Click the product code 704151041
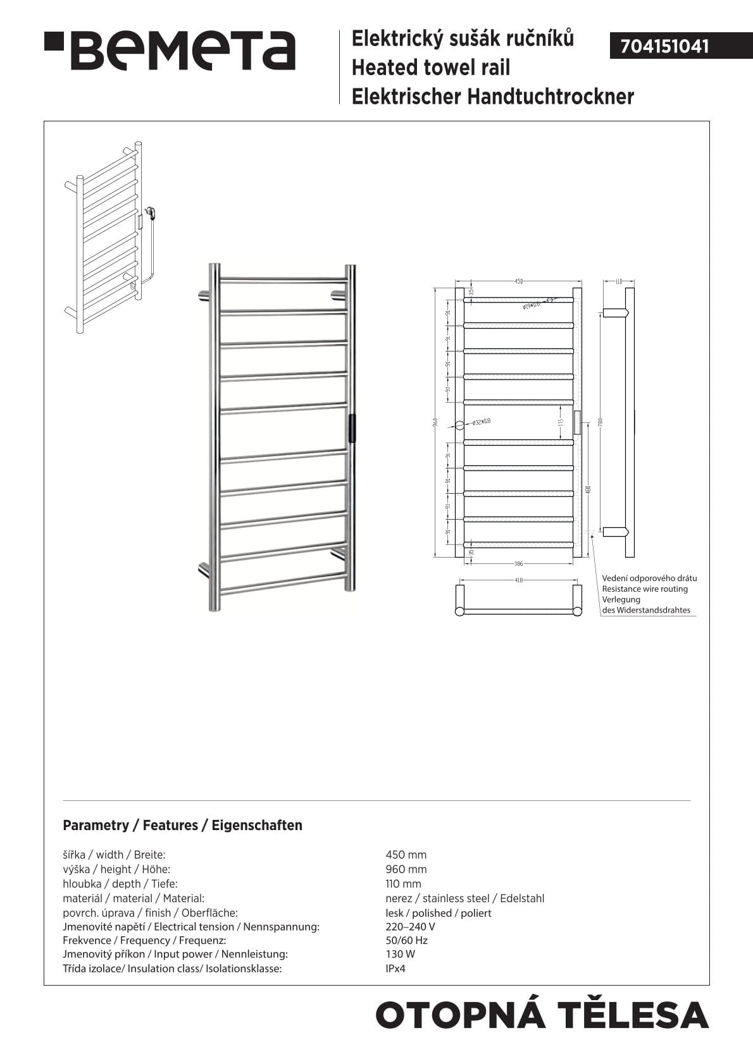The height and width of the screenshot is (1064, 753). [x=664, y=47]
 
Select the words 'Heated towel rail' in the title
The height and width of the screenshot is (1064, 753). [x=430, y=68]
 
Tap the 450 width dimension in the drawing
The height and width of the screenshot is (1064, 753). [x=518, y=281]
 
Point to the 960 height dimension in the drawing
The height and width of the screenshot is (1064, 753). [x=435, y=422]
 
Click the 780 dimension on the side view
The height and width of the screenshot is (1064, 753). [x=600, y=422]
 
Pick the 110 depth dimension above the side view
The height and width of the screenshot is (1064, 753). [x=619, y=281]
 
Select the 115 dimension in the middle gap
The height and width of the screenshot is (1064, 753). [x=560, y=422]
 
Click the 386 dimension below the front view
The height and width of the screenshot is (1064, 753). [x=518, y=563]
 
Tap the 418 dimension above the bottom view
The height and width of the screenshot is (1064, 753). [x=518, y=580]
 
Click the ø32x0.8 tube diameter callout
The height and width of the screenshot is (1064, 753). [x=481, y=422]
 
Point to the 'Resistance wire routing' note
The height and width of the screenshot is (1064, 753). [x=644, y=589]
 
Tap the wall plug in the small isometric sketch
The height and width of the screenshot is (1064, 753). [x=150, y=212]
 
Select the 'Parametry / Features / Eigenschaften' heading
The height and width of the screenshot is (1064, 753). [x=182, y=825]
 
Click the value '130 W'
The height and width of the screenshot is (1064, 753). [x=400, y=954]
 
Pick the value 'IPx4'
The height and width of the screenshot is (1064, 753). [x=395, y=969]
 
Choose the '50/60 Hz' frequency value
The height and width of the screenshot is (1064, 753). [x=406, y=940]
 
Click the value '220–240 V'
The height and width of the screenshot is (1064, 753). [x=410, y=927]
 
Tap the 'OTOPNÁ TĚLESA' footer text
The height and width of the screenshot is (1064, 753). [x=542, y=1015]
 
